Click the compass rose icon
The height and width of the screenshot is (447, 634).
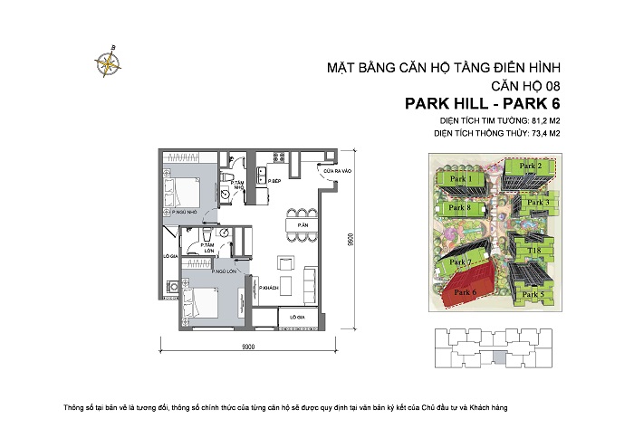[108, 62]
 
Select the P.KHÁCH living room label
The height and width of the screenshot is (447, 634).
[268, 288]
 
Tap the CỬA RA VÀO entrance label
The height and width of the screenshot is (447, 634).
[328, 171]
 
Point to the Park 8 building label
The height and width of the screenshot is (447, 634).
[463, 208]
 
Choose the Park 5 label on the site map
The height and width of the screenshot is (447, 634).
[535, 294]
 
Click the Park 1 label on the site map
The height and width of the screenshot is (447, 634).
[462, 180]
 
